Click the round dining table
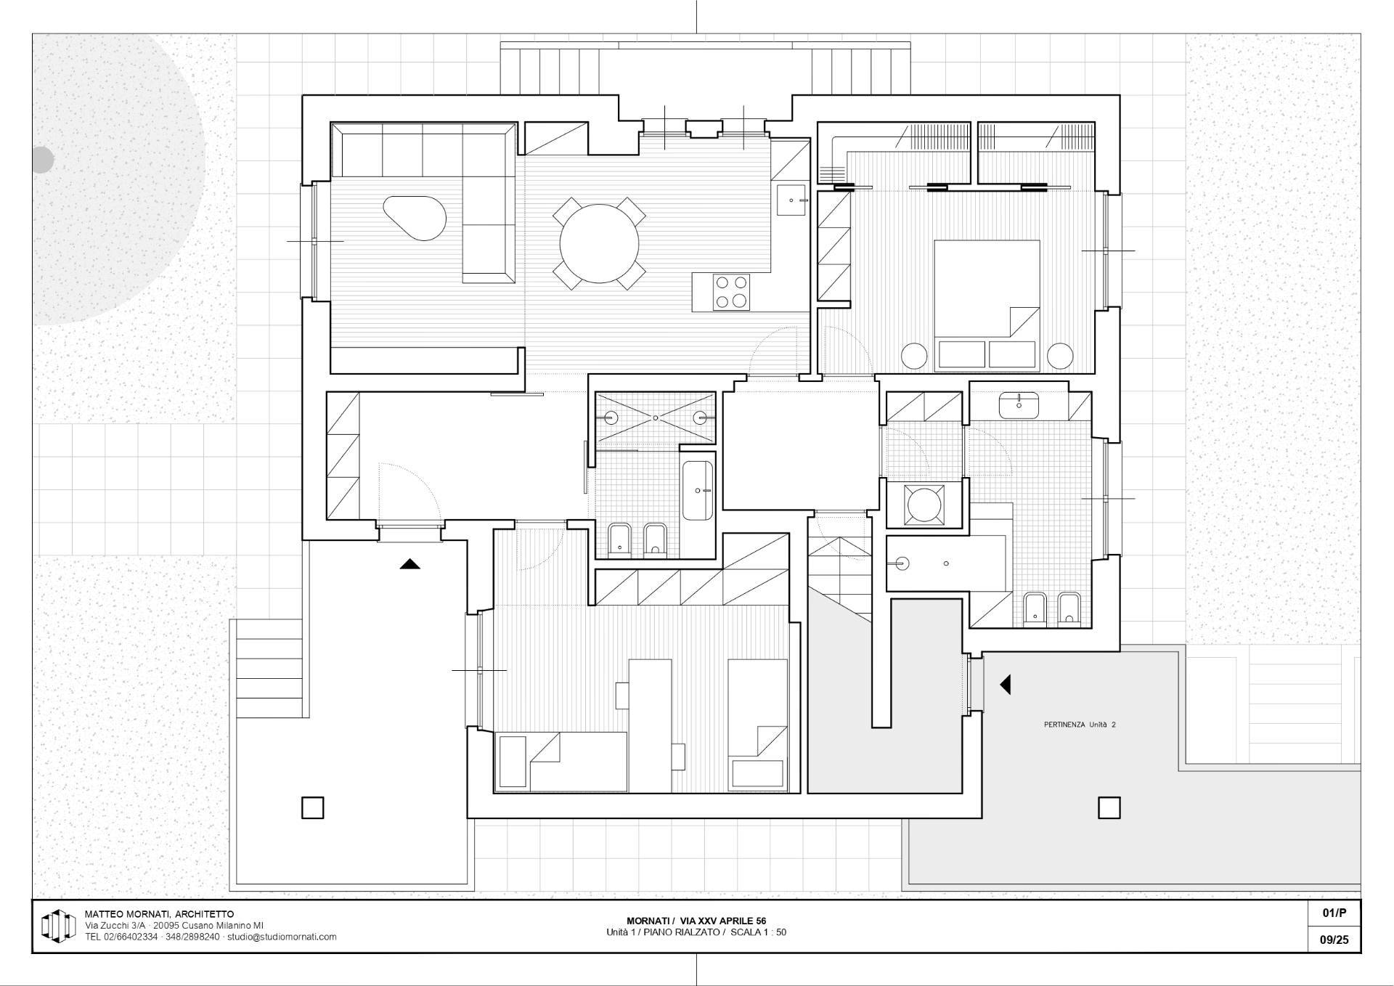coord(599,244)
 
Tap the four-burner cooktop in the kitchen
coord(731,292)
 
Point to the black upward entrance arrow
coord(410,563)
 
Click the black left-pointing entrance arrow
coord(1006,684)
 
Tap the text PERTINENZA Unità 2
coord(1080,725)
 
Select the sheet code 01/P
coord(1334,913)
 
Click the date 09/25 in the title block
coord(1334,940)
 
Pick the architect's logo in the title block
coord(58,926)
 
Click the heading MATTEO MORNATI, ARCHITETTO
coord(160,914)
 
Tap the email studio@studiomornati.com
coord(282,937)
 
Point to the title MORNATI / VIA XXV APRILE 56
coord(696,921)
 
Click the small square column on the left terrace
coord(312,807)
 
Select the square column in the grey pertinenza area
coord(1109,807)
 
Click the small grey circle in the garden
coord(42,160)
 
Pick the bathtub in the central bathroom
coord(698,491)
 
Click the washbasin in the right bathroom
coord(1019,405)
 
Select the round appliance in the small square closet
coord(924,504)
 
